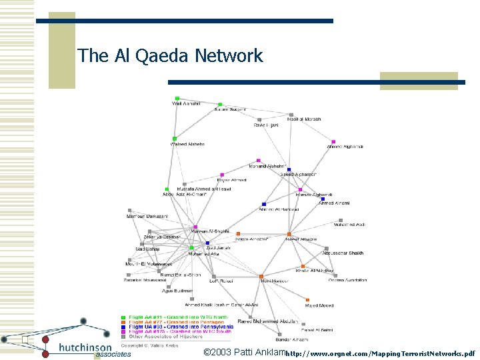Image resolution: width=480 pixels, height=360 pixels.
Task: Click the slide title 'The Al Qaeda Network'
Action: pos(170,55)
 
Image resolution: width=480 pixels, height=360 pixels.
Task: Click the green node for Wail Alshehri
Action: pos(177,98)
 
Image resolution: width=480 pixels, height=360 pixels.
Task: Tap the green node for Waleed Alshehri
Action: pos(175,139)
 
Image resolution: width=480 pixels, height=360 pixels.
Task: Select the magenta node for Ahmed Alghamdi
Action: pos(333,142)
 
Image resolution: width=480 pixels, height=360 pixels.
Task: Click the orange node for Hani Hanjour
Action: pos(261,276)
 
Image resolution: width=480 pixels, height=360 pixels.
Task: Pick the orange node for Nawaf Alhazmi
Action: pos(289,233)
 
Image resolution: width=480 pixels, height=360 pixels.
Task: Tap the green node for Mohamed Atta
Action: pos(191,248)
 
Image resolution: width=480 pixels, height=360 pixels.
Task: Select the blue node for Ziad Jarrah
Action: pos(209,242)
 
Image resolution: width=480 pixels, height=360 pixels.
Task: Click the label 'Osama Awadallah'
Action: pos(347,280)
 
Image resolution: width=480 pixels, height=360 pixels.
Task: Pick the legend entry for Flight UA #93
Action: pos(180,327)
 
